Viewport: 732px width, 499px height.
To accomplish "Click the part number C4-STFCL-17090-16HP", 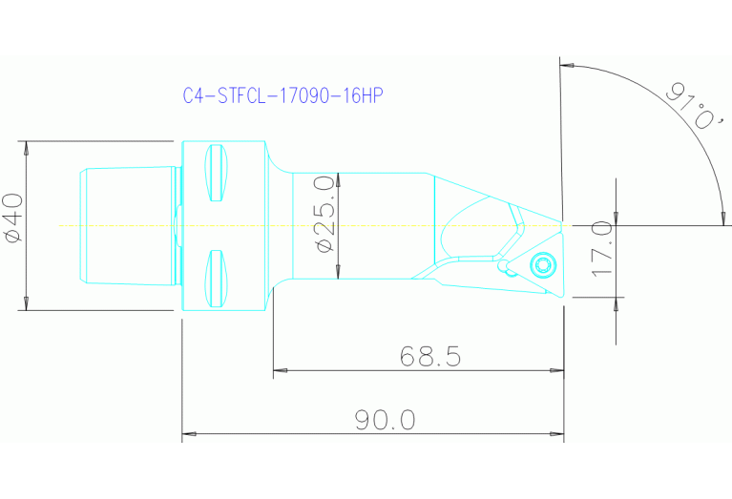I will coord(282,96).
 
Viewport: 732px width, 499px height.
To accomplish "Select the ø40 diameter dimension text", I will coord(12,219).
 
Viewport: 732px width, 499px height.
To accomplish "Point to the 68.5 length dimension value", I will coord(429,357).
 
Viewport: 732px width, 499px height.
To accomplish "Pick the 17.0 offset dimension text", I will coord(601,250).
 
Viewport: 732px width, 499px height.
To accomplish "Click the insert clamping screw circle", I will coord(544,264).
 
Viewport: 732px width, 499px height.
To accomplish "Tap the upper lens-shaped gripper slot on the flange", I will coord(218,173).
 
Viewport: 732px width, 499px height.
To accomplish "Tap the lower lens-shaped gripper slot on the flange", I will coord(218,279).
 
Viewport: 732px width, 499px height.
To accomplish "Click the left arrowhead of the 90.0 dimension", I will coord(187,434).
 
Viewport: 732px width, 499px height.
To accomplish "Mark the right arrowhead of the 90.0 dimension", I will coord(558,434).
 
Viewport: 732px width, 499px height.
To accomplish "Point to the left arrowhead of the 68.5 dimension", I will coord(279,371).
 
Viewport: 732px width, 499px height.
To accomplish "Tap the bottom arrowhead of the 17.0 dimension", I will coord(616,291).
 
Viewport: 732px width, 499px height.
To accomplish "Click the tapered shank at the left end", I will coord(129,226).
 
